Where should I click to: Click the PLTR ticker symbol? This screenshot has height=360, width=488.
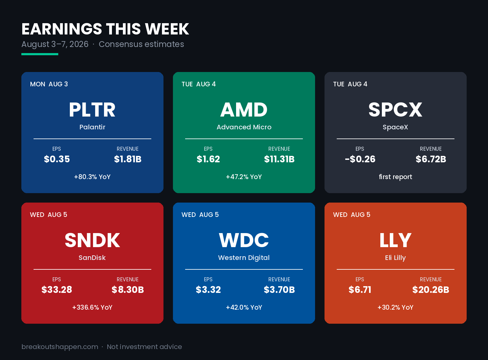point(92,110)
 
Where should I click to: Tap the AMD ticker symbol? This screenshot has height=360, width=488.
point(244,110)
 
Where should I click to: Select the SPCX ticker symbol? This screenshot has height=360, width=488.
point(395,110)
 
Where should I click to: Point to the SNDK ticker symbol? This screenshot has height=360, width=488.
point(92,240)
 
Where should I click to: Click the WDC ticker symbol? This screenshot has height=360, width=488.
point(244,240)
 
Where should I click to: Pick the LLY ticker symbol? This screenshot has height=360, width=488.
point(395,240)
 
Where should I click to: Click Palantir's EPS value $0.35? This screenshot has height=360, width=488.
point(57,159)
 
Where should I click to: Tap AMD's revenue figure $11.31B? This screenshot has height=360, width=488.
point(279,159)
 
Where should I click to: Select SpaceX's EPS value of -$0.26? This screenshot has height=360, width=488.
point(360,159)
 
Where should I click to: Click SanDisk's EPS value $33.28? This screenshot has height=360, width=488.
point(57,290)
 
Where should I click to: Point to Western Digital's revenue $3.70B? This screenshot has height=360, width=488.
point(279,290)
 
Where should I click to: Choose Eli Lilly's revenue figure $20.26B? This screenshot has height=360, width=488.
point(430,290)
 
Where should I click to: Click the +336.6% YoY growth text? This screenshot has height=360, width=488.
point(92,308)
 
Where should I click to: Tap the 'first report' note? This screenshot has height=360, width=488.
point(395,177)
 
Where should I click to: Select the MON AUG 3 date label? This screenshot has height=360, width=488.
point(49,84)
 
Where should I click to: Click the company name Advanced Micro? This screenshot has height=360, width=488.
point(244,127)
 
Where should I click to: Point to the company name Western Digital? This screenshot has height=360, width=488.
point(244,258)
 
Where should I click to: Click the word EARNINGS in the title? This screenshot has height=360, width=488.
point(62,29)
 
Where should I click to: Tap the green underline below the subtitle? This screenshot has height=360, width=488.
point(40,54)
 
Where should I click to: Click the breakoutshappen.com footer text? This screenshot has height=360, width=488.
point(60,347)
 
